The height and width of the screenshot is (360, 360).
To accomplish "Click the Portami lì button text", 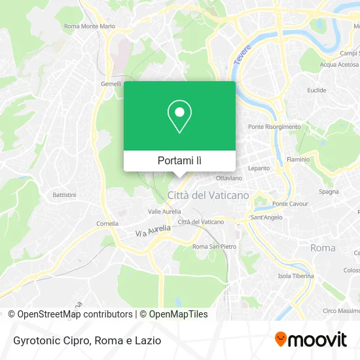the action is tap(179, 160).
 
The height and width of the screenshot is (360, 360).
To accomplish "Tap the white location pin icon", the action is tap(179, 117).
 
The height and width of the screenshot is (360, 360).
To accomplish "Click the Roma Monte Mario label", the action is tap(90, 27).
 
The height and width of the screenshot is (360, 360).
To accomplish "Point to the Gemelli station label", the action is tap(111, 84).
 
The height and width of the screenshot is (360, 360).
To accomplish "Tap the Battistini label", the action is tap(65, 195).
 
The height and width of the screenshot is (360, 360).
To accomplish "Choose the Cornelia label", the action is tap(107, 223).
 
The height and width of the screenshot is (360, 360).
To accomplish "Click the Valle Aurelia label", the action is tap(164, 211).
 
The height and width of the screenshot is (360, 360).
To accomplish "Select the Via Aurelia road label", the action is tap(153, 231).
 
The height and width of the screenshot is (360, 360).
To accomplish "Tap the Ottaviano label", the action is tap(229, 178).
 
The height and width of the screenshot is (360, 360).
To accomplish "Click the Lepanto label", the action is tap(259, 168).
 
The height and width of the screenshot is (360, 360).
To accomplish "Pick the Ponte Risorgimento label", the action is tap(274, 126).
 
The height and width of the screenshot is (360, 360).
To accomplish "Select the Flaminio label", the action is tap(298, 159).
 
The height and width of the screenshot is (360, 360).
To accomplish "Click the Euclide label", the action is tap(316, 90).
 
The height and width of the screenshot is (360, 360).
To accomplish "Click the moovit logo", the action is tap(310, 339).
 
